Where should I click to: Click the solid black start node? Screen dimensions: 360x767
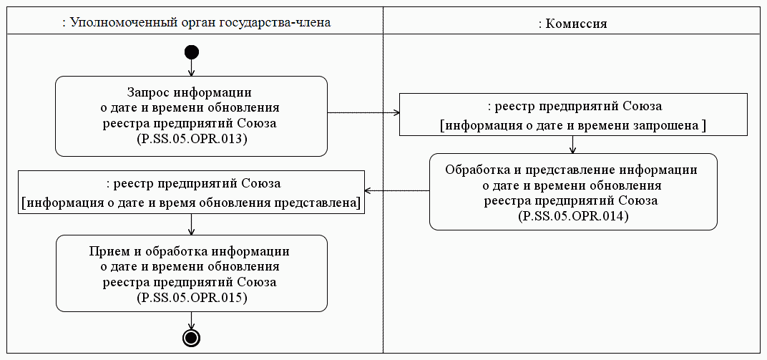[192, 52]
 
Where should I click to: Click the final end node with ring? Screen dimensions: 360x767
[191, 338]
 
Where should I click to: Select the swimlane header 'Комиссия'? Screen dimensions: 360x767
[572, 24]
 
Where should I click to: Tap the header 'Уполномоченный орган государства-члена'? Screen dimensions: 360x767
[197, 23]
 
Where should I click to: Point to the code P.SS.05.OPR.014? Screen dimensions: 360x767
[572, 215]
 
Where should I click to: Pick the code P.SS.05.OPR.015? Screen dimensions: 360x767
[192, 298]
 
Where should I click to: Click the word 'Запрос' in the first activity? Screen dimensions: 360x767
[149, 92]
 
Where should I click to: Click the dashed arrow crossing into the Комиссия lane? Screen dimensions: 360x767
[363, 113]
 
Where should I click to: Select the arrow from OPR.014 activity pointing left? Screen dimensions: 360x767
[397, 191]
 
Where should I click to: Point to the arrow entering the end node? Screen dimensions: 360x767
[191, 321]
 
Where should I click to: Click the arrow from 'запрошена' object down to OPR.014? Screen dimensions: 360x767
[572, 145]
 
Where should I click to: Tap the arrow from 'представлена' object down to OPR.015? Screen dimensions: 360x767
[191, 224]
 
